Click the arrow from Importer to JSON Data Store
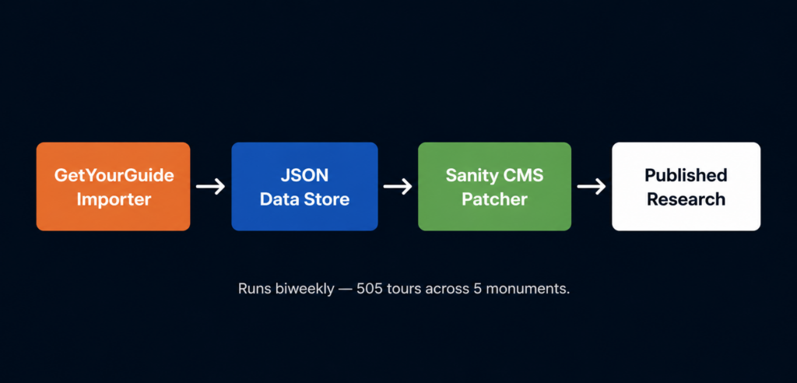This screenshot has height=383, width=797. click(210, 187)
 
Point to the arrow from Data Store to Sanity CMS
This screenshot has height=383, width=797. click(398, 187)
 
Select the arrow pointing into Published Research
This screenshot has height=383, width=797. click(592, 187)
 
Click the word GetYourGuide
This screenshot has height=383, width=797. click(114, 175)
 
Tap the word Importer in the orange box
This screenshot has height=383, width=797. click(114, 199)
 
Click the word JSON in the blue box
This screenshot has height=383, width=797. click(304, 175)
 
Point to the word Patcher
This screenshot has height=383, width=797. click(494, 199)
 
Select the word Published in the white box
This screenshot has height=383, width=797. click(686, 175)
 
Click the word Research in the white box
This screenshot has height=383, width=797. click(686, 199)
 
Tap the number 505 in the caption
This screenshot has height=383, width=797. click(370, 290)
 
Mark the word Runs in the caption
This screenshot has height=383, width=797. click(253, 290)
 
